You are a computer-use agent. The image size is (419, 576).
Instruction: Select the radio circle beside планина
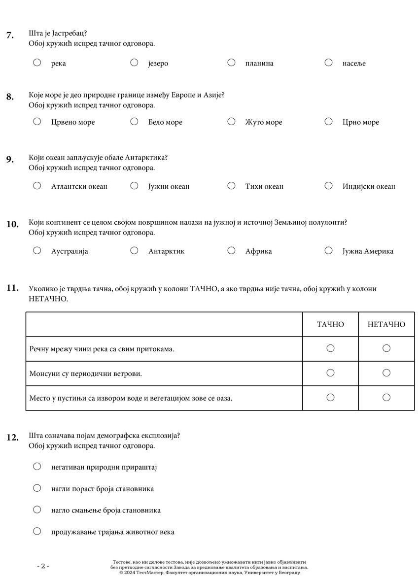pos(231,63)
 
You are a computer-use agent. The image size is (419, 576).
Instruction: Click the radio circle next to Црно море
pos(328,122)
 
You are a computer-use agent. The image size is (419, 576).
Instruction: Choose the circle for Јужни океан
pos(134,186)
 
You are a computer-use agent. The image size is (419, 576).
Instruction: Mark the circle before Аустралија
pos(37,250)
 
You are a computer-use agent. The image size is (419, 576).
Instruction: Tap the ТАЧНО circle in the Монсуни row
pos(330,373)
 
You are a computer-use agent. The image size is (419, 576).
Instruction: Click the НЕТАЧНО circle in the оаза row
pos(386,398)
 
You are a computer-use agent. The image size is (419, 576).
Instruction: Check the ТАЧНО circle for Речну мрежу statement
pos(330,348)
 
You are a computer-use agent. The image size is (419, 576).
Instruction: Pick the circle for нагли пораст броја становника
pos(37,488)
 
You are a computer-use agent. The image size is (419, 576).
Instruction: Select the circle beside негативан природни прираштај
pos(37,466)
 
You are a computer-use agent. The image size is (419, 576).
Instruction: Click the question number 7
pos(10,35)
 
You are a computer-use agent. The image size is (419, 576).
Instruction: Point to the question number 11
pos(12,288)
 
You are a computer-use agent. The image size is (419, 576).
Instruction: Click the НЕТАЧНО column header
pos(386,324)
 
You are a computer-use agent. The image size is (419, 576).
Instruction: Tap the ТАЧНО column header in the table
pos(330,324)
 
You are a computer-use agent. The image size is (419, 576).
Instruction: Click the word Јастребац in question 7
pos(68,34)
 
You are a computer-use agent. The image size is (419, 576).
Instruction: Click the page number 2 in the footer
pos(43,566)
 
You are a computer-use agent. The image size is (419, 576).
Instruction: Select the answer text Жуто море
pos(264,122)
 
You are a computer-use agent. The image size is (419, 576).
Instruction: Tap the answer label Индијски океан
pos(369,186)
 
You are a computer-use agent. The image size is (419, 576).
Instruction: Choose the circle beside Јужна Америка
pos(328,250)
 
